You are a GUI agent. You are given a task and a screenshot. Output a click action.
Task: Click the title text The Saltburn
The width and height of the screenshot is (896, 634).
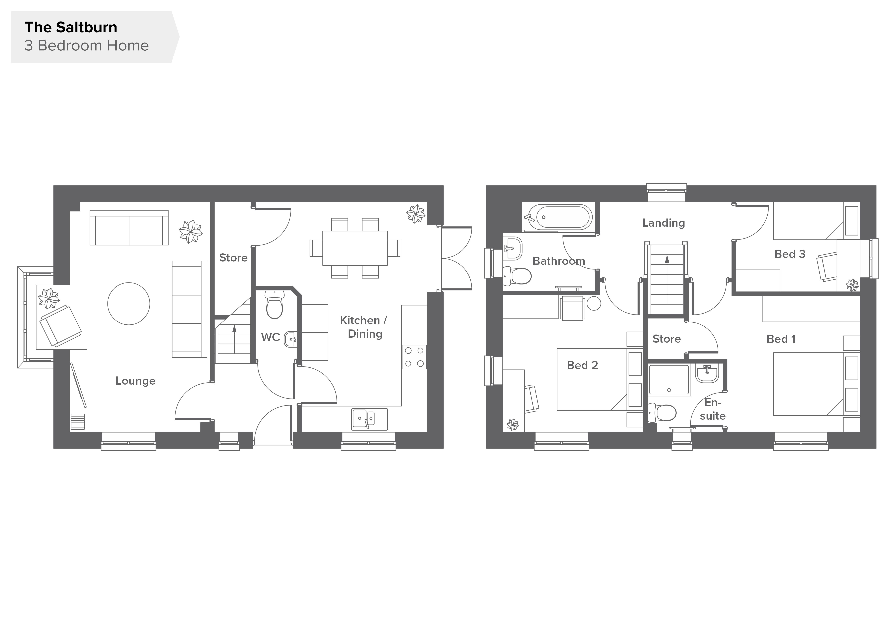pos(71,27)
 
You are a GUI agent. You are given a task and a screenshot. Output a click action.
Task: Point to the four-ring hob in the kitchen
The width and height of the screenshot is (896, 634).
pos(414,357)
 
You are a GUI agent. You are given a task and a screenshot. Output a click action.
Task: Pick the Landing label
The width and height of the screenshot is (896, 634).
pos(663,223)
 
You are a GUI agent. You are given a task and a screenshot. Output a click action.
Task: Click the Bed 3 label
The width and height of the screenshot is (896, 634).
pos(790,254)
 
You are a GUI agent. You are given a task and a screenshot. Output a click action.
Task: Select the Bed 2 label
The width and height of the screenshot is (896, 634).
pos(582,365)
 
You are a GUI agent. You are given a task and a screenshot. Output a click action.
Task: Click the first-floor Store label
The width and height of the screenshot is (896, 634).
pos(666,339)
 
